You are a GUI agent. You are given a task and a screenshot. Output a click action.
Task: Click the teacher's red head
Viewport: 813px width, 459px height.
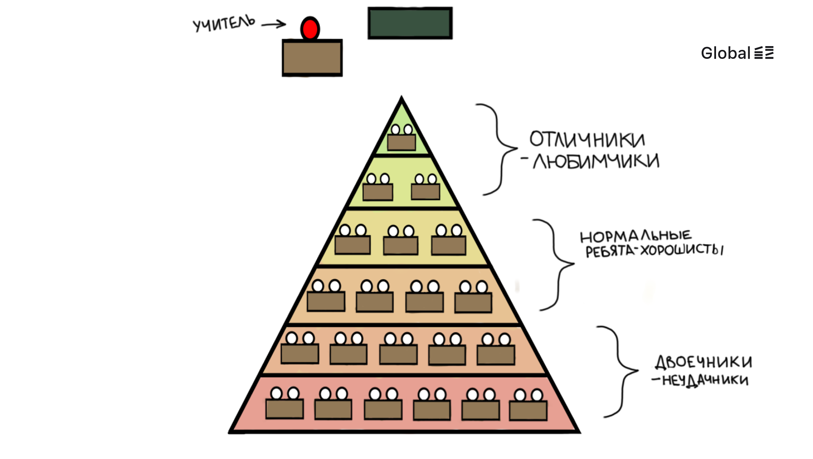click(310, 29)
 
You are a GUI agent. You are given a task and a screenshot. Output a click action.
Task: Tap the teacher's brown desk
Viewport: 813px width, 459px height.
click(312, 58)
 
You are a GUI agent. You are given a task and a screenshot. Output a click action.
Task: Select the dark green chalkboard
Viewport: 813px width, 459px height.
click(410, 23)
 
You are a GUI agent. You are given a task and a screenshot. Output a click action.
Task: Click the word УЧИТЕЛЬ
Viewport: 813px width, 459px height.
click(224, 23)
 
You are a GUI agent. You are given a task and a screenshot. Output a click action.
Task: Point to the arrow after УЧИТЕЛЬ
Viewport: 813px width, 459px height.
click(274, 25)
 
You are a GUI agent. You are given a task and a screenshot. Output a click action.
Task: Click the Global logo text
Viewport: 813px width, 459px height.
click(725, 53)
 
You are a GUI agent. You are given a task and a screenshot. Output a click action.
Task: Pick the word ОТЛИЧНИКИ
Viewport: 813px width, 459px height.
click(587, 140)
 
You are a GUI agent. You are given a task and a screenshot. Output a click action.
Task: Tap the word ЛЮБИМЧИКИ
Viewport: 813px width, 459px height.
click(596, 161)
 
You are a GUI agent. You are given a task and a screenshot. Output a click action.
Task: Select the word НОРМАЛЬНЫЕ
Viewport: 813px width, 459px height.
click(635, 236)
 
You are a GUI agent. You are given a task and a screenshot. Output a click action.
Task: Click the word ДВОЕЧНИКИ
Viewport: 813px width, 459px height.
click(703, 362)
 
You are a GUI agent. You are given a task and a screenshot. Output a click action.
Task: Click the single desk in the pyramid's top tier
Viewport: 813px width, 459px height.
click(401, 142)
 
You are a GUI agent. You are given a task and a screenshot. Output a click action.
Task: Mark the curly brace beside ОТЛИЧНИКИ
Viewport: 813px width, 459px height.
click(498, 149)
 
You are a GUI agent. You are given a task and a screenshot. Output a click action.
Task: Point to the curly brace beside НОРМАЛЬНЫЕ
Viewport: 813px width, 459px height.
click(555, 264)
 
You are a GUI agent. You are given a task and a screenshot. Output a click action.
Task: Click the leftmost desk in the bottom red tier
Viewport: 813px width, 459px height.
click(285, 409)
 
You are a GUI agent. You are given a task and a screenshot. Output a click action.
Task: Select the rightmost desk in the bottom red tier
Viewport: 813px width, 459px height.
click(528, 410)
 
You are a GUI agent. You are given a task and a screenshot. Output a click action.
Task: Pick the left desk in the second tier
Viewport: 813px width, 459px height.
click(378, 192)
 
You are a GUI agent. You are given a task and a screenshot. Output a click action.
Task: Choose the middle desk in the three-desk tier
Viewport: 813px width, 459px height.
click(401, 245)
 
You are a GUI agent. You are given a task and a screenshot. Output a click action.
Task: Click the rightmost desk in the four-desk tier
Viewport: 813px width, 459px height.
click(473, 302)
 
